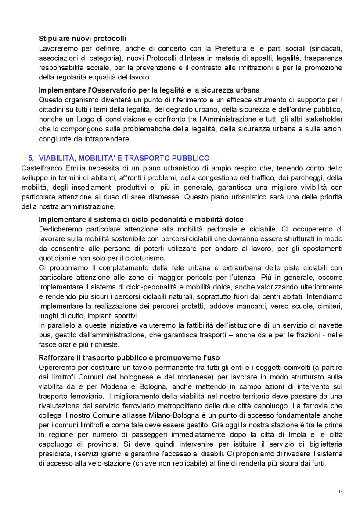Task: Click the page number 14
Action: point(341,491)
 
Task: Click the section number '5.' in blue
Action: point(31,158)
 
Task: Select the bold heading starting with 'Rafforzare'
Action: point(129,357)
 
